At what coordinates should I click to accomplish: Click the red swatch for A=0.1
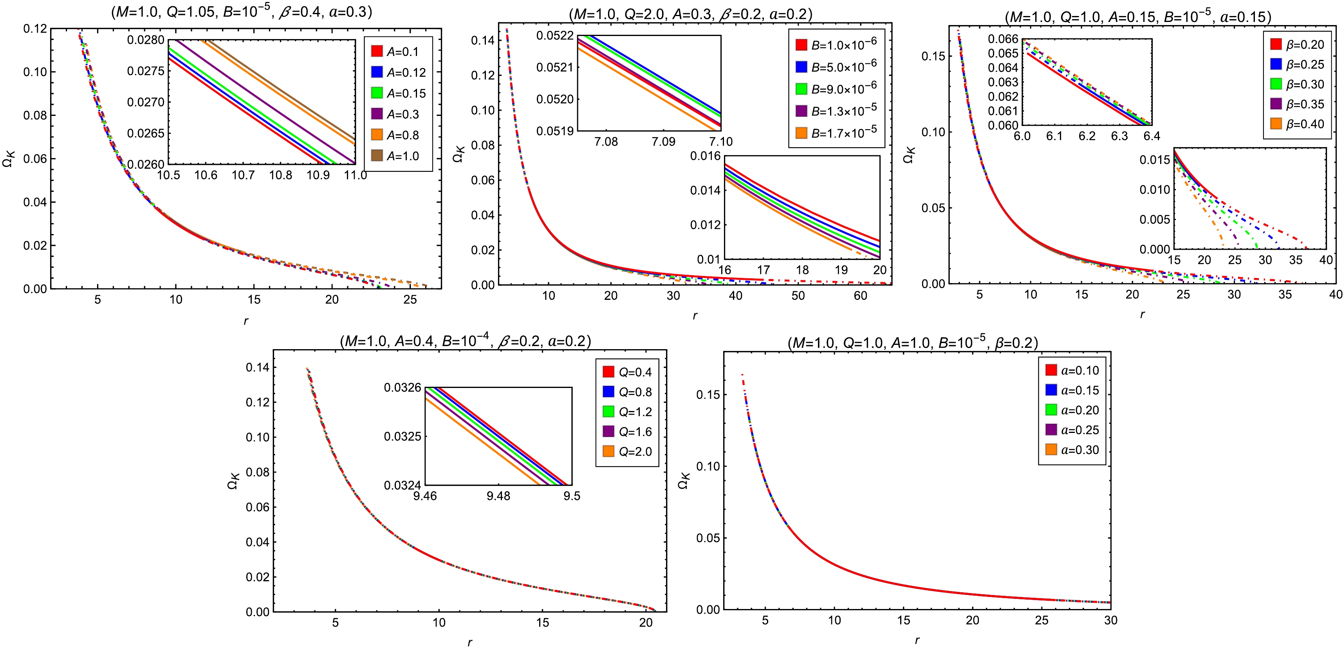pos(376,51)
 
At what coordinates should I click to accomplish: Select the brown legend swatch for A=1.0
pos(376,155)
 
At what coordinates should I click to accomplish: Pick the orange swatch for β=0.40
pos(1276,124)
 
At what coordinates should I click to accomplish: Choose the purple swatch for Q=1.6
pos(608,431)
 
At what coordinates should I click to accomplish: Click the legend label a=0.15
pos(1080,390)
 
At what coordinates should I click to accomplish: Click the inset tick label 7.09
pos(663,142)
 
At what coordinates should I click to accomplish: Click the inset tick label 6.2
pos(1087,137)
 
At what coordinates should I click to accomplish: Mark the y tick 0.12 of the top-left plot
pos(35,29)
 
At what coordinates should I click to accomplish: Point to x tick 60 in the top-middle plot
pos(860,296)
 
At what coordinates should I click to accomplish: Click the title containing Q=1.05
pos(241,11)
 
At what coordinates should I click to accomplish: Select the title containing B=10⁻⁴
pos(465,341)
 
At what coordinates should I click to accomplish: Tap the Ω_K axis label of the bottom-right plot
pos(684,481)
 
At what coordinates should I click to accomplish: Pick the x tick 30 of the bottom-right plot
pos(1110,620)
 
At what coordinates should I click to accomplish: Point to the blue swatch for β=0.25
pos(1276,64)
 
